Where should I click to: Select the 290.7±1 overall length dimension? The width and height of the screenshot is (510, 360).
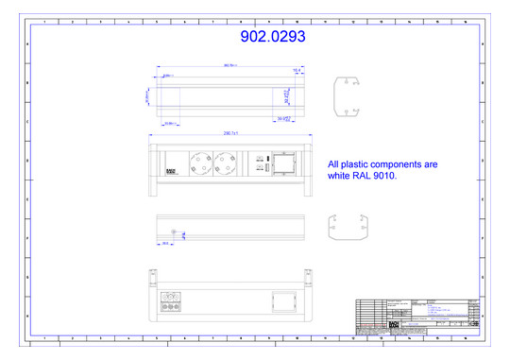(x=230, y=133)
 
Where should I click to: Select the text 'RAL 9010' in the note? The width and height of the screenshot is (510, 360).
(x=377, y=176)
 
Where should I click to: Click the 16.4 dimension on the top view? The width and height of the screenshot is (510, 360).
(x=296, y=70)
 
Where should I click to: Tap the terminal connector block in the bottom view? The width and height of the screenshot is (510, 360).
(x=171, y=303)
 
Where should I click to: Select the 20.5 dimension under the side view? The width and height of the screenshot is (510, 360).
(x=165, y=243)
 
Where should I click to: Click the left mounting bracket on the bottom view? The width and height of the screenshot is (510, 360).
(x=151, y=276)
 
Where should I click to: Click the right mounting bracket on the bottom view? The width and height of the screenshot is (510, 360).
(x=308, y=276)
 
